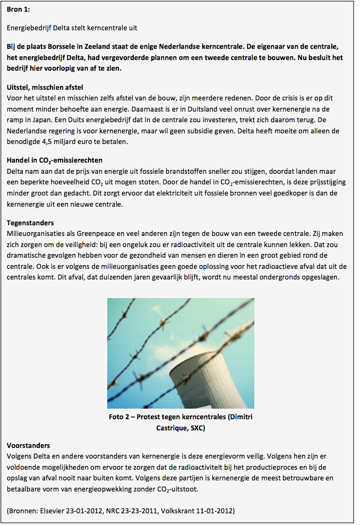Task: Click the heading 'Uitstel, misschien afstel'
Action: (x=45, y=87)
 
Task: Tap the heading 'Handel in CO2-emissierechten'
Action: (x=54, y=160)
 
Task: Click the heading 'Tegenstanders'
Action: (x=30, y=223)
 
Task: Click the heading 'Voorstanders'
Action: (x=28, y=445)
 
